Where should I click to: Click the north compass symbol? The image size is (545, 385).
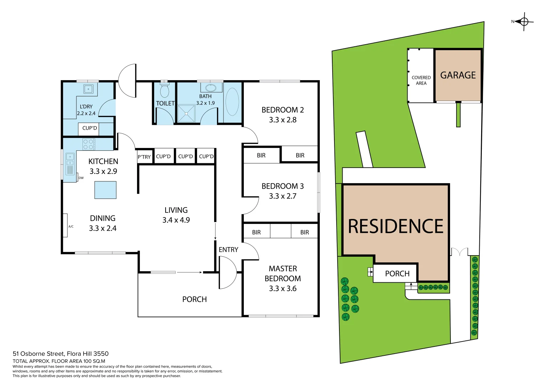pos(524,22)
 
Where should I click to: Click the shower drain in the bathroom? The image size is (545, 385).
pos(186,113)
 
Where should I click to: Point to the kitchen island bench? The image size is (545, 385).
pos(105,190)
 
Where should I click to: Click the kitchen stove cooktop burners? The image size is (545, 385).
pos(88,144)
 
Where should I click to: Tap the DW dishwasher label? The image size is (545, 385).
pos(81,178)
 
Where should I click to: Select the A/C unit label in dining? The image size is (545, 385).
pos(71,226)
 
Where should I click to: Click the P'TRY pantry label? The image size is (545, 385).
pos(144,157)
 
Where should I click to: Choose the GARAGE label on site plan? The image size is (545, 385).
pos(458,75)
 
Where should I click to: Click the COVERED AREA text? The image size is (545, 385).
pos(421,80)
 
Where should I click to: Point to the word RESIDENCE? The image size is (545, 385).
pos(395,226)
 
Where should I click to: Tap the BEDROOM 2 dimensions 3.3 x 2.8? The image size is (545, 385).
pos(283,120)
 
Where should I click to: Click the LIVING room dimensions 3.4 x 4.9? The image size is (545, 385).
pos(176,220)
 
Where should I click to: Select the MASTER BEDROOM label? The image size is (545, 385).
pos(283,273)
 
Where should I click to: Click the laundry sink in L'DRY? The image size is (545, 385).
pos(88,89)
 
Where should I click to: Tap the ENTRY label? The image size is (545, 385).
pos(228,250)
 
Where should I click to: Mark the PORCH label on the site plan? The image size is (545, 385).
pos(397,273)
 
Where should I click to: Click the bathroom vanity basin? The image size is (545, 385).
pos(211,88)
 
